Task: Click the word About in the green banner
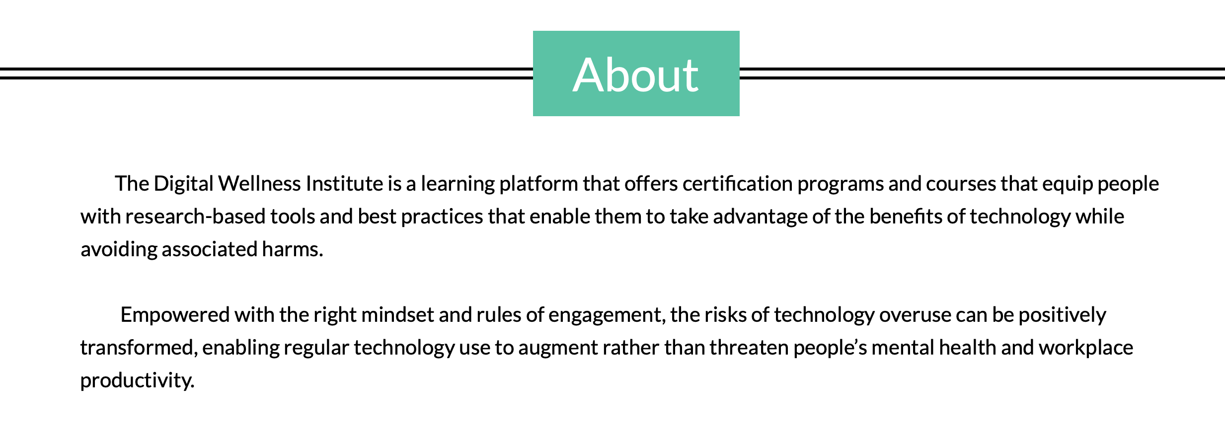click(x=636, y=75)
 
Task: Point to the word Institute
click(x=344, y=184)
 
